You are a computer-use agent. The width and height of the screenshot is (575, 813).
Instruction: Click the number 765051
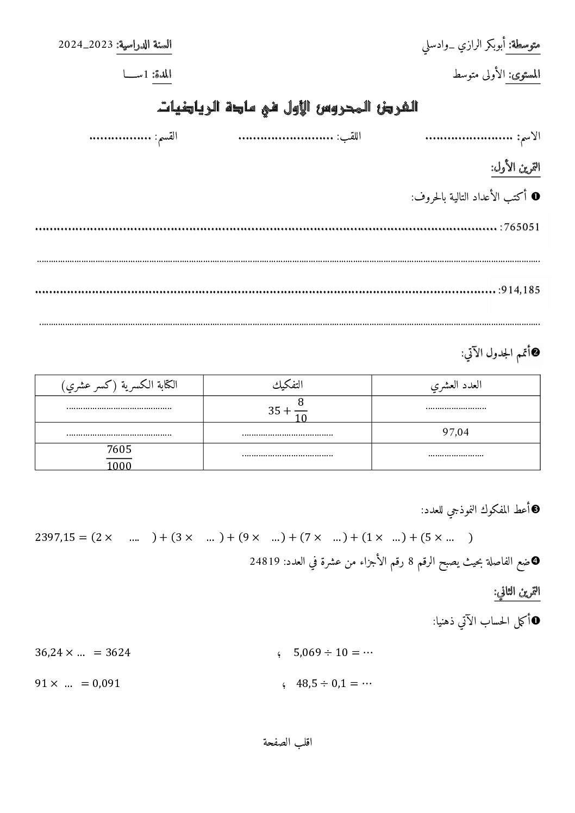[522, 227]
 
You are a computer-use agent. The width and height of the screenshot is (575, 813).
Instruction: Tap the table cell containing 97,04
[456, 432]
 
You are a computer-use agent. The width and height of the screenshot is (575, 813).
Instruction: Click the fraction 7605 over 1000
[119, 457]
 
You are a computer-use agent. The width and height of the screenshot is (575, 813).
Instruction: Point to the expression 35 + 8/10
[287, 410]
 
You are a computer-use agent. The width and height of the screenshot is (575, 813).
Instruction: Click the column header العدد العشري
[456, 385]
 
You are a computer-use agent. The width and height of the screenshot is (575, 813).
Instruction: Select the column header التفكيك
[287, 385]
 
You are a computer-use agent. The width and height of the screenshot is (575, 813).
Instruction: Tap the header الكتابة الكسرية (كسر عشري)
[119, 385]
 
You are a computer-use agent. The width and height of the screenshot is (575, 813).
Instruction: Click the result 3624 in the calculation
[116, 652]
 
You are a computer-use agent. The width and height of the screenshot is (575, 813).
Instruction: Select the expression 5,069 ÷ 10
[321, 652]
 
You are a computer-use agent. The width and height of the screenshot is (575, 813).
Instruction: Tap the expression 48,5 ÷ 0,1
[321, 684]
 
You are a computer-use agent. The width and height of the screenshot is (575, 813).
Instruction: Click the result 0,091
[106, 684]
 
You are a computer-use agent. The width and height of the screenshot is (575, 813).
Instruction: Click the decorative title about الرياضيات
[287, 106]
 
